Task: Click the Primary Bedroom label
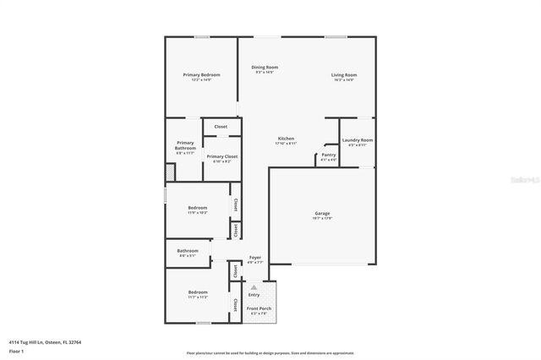(x=201, y=75)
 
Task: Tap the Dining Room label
(x=265, y=67)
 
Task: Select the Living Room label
(x=343, y=75)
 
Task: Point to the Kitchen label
(x=286, y=138)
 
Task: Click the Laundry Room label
(x=358, y=140)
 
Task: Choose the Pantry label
(x=329, y=155)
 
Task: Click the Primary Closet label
(x=221, y=156)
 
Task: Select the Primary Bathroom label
(x=185, y=145)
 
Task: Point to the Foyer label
(x=254, y=257)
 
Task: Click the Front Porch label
(x=258, y=308)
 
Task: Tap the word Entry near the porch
(x=254, y=295)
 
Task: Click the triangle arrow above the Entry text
(x=254, y=287)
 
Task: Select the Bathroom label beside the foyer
(x=188, y=250)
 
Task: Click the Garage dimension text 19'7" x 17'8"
(x=323, y=220)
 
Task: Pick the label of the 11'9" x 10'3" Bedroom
(x=197, y=207)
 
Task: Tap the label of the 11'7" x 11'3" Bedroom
(x=197, y=292)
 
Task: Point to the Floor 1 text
(x=17, y=350)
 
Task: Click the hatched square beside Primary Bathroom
(x=168, y=172)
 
